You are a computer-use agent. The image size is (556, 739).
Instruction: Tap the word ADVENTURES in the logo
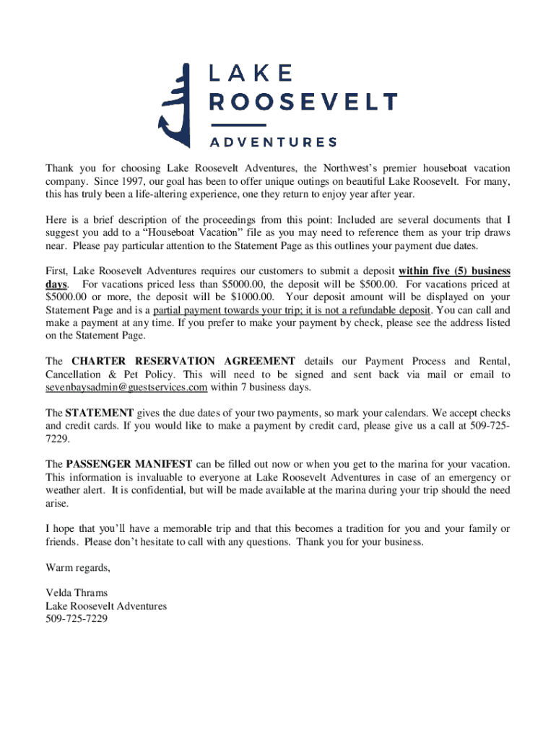(273, 141)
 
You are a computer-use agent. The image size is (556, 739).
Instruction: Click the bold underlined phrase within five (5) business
(454, 271)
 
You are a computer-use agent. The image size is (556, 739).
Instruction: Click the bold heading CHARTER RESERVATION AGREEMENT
(183, 361)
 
